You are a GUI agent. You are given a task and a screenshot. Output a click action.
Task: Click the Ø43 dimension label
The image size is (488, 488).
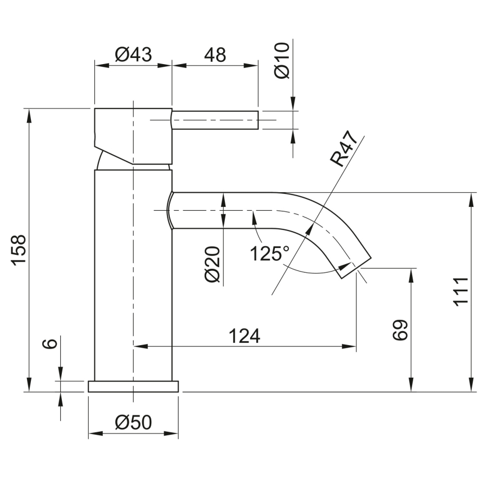pos(133,55)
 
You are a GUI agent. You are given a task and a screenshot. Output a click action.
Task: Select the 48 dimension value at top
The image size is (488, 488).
pos(214,55)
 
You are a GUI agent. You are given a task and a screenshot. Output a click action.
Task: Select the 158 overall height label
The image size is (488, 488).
pos(19,250)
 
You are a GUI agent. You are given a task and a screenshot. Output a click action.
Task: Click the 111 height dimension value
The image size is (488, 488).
pos(461,292)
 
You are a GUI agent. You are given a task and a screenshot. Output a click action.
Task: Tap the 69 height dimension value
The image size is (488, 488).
pos(399,331)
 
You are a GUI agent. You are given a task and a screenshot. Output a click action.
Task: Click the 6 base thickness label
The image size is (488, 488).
pos(49,344)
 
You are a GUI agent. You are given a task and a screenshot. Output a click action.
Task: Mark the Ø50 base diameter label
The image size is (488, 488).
pos(133,423)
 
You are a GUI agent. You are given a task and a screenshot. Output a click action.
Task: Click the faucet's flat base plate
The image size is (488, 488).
pos(133,386)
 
